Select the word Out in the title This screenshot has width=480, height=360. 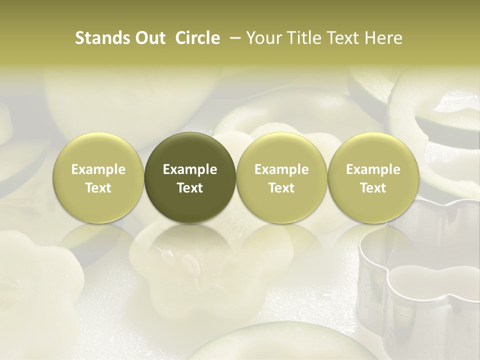(x=148, y=38)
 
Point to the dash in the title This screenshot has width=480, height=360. (x=234, y=38)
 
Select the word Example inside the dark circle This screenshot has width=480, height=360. (x=190, y=170)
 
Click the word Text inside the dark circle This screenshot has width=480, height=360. (x=190, y=188)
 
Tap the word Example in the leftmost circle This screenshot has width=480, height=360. (x=98, y=170)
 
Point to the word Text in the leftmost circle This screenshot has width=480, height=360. (x=98, y=188)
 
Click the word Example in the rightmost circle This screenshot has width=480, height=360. (x=373, y=170)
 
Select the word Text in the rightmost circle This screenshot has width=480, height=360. (x=373, y=188)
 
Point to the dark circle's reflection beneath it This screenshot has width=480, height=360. (x=190, y=250)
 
